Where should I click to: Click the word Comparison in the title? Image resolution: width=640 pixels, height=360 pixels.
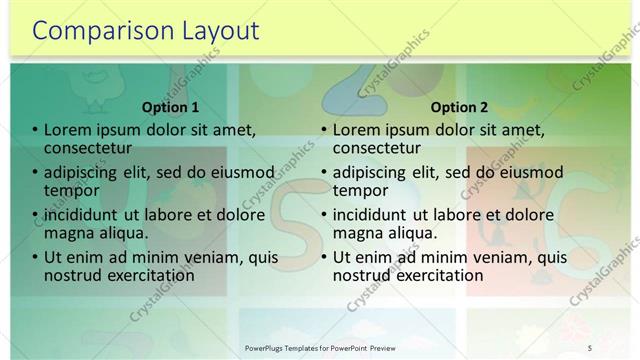[95, 31]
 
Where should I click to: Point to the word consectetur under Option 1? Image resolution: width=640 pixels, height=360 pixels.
[89, 148]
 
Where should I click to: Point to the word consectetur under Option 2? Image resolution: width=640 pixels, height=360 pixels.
[378, 148]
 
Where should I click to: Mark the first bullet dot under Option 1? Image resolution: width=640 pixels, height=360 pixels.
[35, 130]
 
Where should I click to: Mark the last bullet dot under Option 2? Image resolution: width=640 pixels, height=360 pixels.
[324, 258]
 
